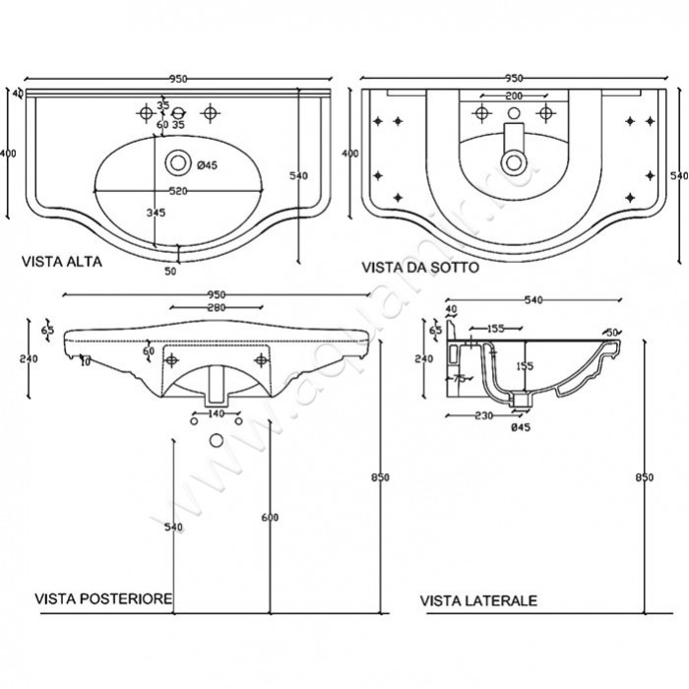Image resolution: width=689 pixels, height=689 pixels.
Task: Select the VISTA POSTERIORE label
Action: click(x=105, y=598)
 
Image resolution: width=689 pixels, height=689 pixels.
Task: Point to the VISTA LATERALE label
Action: click(x=477, y=599)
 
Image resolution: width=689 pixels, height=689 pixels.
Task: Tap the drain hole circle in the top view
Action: click(x=178, y=160)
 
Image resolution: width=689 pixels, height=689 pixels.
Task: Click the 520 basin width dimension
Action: click(x=179, y=191)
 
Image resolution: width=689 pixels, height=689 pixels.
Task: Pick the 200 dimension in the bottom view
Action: click(x=513, y=96)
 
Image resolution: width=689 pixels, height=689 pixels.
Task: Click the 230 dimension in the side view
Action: click(x=481, y=415)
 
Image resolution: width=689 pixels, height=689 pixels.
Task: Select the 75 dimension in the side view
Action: click(x=459, y=377)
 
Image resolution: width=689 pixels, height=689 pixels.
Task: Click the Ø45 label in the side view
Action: click(x=519, y=425)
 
